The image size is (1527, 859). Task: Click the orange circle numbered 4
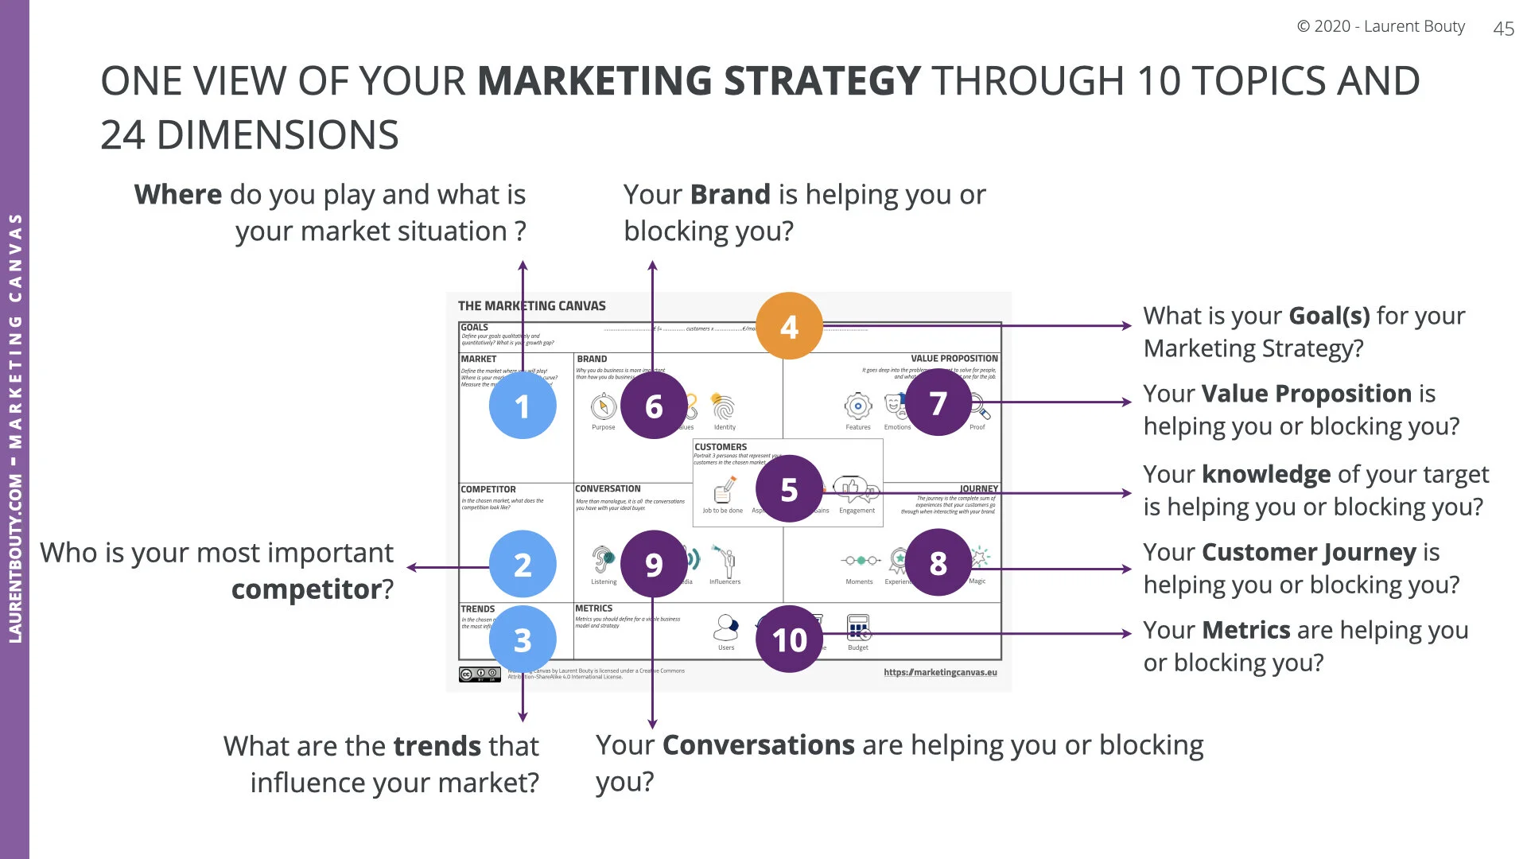click(789, 326)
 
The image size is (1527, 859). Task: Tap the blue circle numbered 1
click(522, 406)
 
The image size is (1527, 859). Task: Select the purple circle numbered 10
click(789, 639)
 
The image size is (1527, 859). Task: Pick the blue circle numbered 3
click(522, 639)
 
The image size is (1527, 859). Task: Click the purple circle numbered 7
click(938, 403)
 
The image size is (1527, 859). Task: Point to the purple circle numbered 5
click(789, 489)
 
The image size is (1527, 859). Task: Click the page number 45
click(1503, 29)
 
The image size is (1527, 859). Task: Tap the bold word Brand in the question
click(730, 195)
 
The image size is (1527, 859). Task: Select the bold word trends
click(437, 746)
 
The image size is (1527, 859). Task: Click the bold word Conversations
click(758, 745)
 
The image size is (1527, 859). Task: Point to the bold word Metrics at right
click(1245, 630)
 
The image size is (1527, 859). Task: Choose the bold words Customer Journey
click(1309, 552)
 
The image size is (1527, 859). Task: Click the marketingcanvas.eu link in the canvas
click(940, 672)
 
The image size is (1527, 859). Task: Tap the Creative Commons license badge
click(480, 674)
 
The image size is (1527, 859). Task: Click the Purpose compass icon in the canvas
click(604, 407)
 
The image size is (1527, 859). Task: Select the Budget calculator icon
click(858, 628)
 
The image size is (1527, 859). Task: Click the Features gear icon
click(857, 406)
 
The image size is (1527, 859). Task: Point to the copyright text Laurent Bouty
click(1381, 26)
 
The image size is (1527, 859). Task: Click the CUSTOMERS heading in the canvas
click(721, 447)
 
